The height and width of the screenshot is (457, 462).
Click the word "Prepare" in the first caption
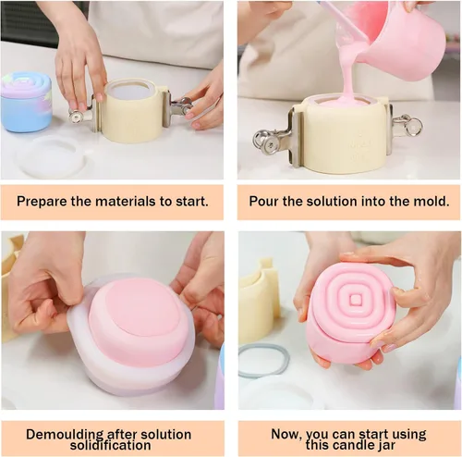coord(42,202)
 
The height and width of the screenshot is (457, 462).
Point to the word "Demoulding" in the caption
coord(65,435)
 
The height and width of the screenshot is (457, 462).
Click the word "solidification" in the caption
coord(110,445)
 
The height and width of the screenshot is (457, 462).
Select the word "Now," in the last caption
coord(286,434)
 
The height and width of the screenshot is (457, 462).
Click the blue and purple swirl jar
coord(26,101)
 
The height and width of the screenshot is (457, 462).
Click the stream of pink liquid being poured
coord(350,72)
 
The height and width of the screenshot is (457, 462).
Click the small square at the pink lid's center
coord(356,299)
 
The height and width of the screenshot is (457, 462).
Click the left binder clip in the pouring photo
coord(275,138)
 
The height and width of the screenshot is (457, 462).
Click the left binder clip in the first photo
coord(83,114)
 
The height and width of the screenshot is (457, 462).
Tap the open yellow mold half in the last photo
coord(261,303)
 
